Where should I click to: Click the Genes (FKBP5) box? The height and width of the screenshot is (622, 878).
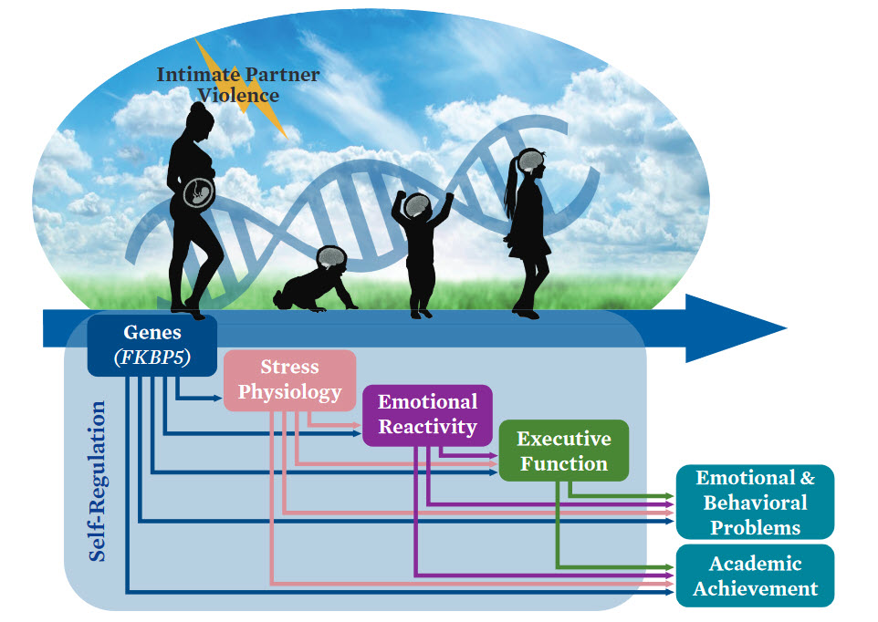(152, 345)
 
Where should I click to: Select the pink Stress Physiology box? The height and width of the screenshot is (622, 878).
(289, 379)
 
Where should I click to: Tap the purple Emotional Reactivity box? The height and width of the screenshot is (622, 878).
(427, 414)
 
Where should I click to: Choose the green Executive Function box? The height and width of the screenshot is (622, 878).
(563, 451)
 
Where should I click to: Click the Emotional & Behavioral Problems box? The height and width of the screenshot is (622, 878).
(755, 502)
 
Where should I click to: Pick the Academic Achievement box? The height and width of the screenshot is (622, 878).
(755, 575)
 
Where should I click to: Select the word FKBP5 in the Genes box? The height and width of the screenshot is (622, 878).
(152, 357)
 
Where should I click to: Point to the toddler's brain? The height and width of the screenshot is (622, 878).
(418, 206)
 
